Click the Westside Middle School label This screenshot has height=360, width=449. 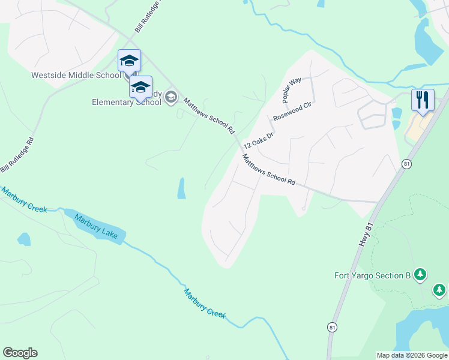click(77, 76)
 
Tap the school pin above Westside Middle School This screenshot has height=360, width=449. click(129, 61)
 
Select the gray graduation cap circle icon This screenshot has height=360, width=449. click(171, 97)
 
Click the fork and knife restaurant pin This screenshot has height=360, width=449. click(423, 100)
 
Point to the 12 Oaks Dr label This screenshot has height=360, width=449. click(258, 140)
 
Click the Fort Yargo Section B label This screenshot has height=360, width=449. click(372, 276)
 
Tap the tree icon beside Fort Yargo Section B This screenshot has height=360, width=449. click(421, 275)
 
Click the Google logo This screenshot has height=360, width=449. click(20, 353)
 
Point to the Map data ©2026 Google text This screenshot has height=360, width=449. click(411, 355)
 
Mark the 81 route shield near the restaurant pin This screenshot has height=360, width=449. click(407, 163)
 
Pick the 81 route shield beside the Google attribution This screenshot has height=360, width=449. click(332, 326)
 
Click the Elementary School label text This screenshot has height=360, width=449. click(126, 102)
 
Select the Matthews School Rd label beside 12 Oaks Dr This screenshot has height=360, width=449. click(269, 170)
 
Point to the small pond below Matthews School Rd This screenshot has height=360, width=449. click(181, 189)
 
